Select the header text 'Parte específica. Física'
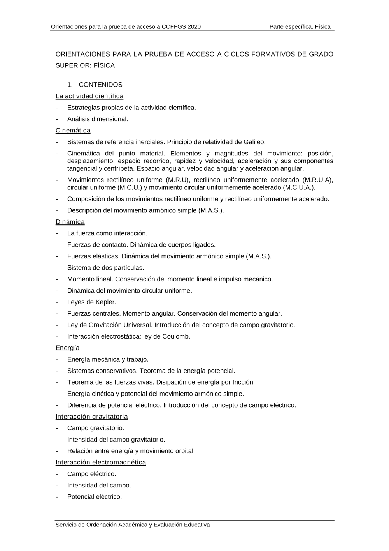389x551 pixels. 300,27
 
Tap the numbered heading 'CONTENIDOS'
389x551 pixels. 100,85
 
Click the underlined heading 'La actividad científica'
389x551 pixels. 89,96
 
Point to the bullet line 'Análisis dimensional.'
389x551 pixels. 98,119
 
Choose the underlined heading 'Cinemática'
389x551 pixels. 73,131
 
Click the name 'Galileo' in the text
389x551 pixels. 254,142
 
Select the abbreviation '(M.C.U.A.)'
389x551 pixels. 299,187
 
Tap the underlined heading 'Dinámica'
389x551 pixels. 70,222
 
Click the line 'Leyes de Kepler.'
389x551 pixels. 92,302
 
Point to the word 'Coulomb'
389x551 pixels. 177,336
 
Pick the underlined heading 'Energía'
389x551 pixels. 68,348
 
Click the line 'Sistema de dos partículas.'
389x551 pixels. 106,268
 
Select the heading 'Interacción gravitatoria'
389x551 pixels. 92,417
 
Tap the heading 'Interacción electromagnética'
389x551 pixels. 101,463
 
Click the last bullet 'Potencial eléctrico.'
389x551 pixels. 95,497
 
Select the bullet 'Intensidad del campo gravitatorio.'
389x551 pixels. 116,440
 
